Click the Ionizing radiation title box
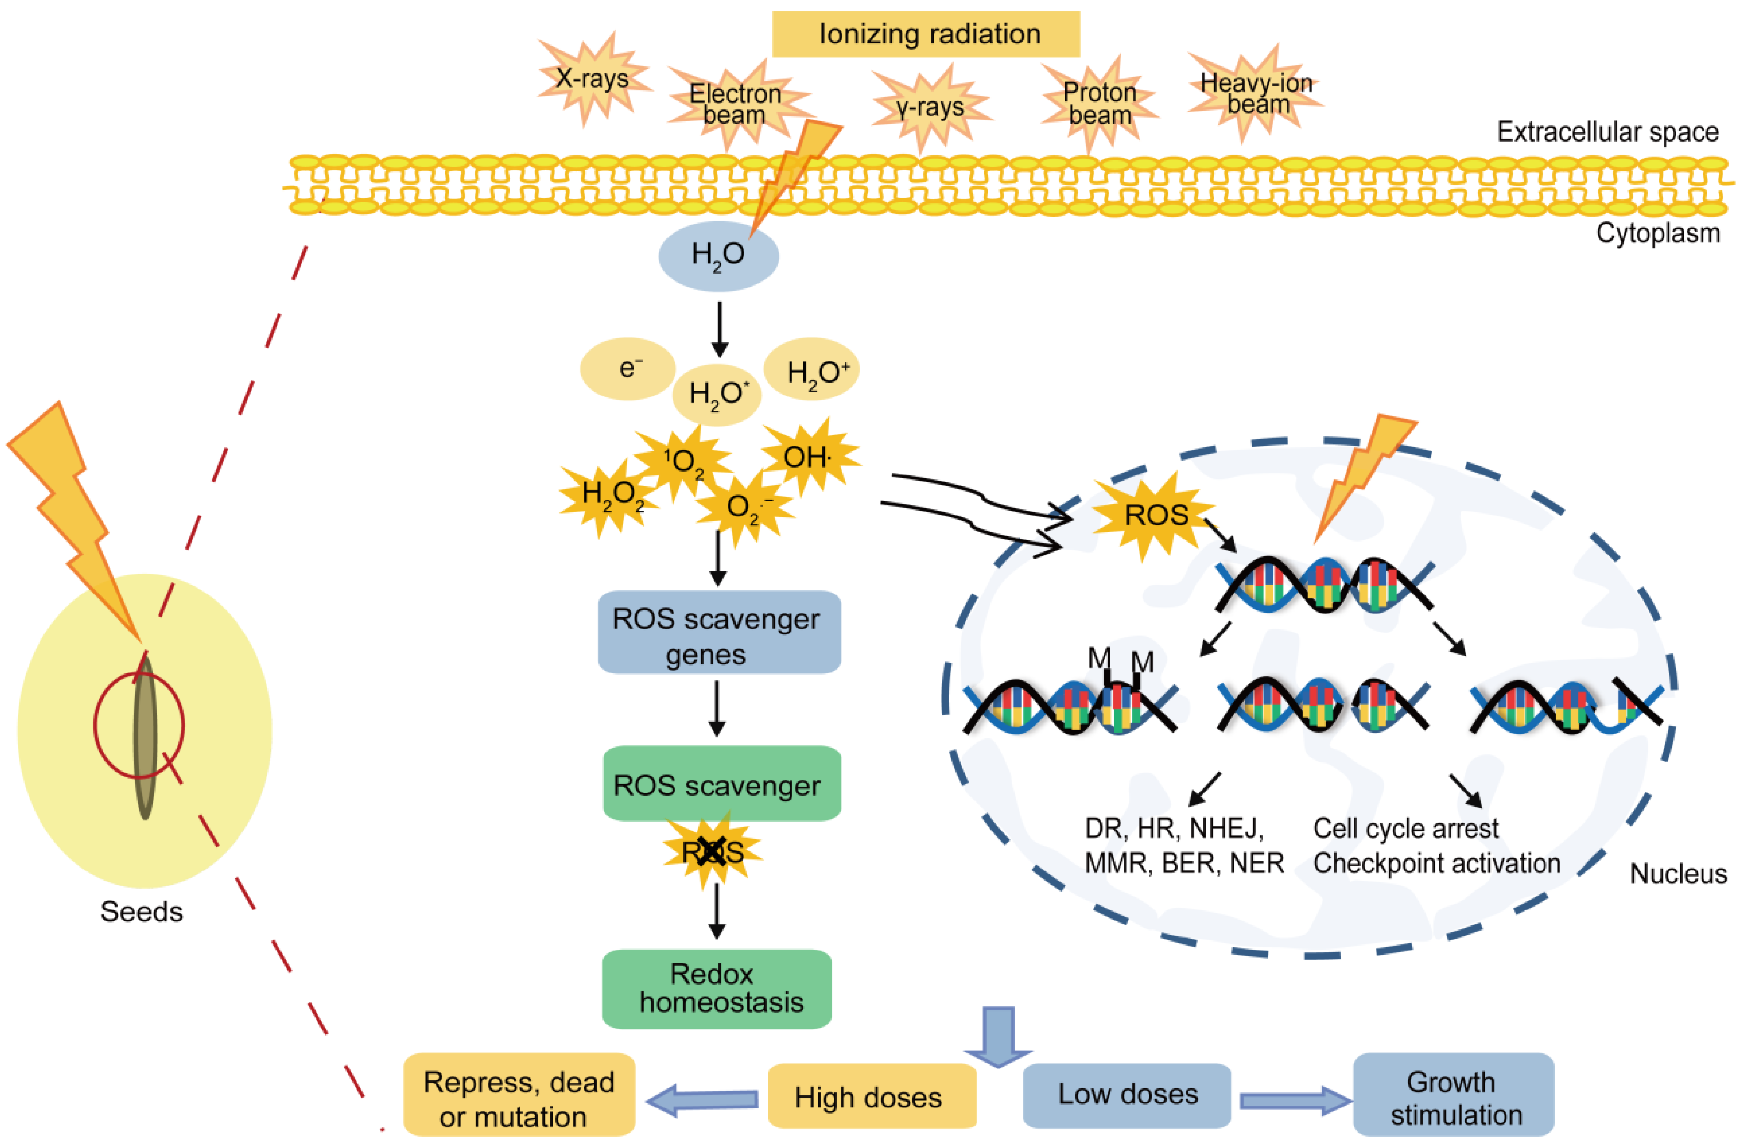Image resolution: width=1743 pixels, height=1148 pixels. tap(926, 34)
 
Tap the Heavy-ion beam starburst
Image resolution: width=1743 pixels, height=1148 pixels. tap(1255, 94)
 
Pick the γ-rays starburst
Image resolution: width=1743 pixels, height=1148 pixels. tap(930, 108)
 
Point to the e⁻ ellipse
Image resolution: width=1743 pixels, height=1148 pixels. tap(628, 368)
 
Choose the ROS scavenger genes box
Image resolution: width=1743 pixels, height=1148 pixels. tap(718, 633)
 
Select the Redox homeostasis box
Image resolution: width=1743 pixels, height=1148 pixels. tap(716, 989)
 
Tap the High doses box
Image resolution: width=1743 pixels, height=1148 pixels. tap(871, 1096)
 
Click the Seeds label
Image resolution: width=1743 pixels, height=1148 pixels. tap(141, 911)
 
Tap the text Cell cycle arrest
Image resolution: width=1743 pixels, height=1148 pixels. tap(1405, 828)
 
